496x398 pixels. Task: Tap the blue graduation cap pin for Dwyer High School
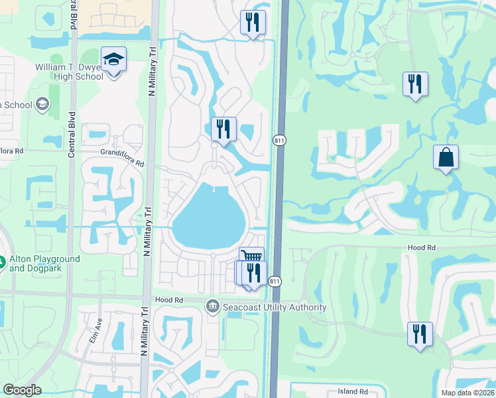114,60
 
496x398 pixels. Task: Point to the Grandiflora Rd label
122,152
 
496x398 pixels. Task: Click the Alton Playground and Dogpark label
44,263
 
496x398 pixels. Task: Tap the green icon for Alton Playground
2,263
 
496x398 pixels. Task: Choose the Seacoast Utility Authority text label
275,307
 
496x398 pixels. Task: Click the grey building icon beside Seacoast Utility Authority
213,306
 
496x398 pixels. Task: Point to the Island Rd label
352,391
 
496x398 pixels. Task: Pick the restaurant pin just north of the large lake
223,129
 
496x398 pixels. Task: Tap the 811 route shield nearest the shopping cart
275,282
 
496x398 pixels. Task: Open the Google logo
23,390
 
